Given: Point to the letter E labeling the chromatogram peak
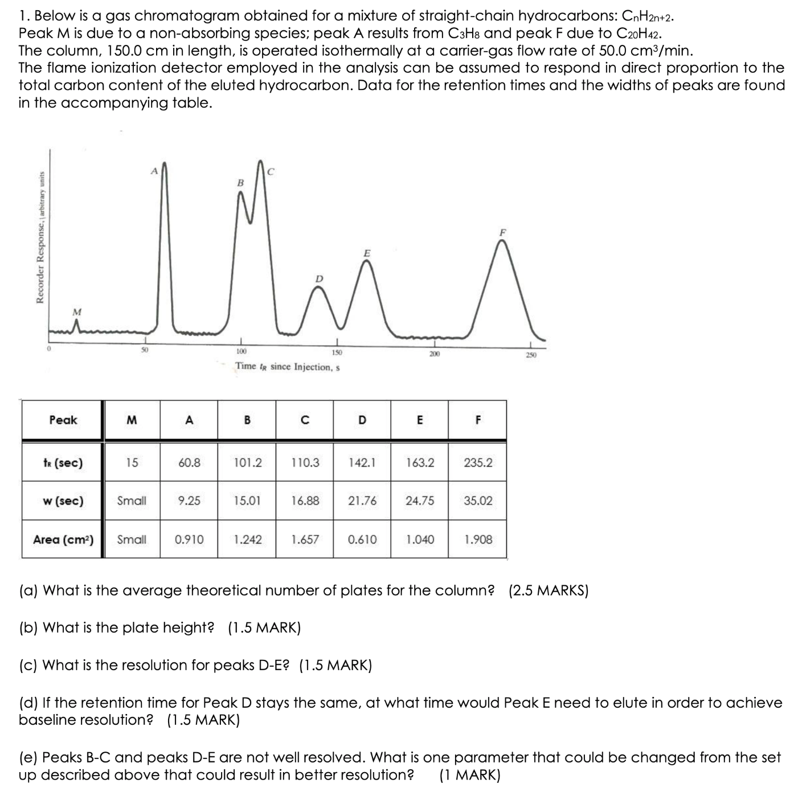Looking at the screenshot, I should click(367, 252).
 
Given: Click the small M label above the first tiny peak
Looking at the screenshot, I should click(77, 311).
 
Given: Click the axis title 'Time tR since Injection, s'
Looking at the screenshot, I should click(287, 367).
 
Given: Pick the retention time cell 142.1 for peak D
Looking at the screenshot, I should click(362, 463).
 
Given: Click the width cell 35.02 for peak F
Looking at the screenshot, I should click(477, 501).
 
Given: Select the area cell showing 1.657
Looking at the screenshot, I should click(305, 539).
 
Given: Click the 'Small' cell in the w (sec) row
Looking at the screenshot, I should click(132, 501).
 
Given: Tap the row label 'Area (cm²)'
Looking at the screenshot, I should click(63, 539).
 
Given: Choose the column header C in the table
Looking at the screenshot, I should click(305, 420).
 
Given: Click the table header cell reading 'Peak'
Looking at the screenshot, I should click(63, 420).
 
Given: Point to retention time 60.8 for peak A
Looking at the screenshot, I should click(189, 463).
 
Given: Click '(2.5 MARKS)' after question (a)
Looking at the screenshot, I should click(548, 590).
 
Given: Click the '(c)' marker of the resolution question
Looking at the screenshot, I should click(29, 665).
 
